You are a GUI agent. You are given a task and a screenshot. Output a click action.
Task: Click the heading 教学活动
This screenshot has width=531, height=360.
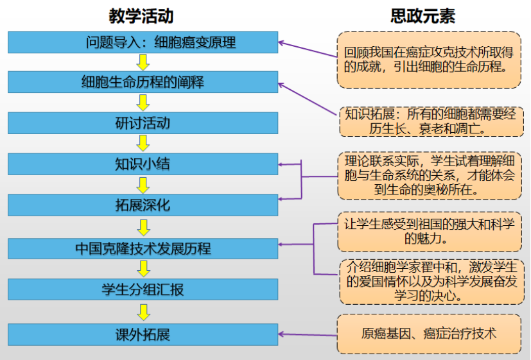[143, 15]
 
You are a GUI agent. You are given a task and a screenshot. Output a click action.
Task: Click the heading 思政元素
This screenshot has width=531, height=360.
[423, 15]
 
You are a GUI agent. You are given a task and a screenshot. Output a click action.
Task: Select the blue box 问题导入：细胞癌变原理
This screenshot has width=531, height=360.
[143, 42]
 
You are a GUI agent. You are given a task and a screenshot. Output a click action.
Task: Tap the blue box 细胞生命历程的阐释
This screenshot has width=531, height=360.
[143, 82]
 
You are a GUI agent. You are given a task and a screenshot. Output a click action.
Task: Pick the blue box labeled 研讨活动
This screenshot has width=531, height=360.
[143, 123]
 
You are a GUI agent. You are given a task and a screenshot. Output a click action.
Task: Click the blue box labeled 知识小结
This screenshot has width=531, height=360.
[143, 164]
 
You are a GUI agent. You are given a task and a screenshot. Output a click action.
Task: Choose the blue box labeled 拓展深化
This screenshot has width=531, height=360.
[143, 205]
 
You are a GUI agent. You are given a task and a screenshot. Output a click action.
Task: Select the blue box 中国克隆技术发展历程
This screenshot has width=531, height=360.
[143, 248]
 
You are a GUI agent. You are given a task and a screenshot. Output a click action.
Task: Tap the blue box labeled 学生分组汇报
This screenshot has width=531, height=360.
[143, 289]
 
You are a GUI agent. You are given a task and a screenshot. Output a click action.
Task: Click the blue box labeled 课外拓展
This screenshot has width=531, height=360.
[143, 334]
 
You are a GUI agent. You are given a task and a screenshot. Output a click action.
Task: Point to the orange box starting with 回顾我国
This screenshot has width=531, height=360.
[429, 60]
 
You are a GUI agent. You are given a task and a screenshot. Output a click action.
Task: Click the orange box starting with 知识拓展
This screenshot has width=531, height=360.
[429, 121]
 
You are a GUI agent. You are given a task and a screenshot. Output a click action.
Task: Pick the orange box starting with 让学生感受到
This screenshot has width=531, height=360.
[429, 232]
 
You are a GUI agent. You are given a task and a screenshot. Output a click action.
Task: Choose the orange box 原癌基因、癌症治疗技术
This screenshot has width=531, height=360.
[429, 334]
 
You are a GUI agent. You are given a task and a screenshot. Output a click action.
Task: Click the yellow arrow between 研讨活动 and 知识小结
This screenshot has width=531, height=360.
[143, 143]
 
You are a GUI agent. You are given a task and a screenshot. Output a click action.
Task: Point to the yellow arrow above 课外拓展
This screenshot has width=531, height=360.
[143, 312]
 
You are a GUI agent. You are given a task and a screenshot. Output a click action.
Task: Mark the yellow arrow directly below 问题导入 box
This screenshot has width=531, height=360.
[143, 62]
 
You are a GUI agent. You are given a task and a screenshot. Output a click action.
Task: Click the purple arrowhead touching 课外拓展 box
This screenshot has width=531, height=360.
[283, 334]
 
